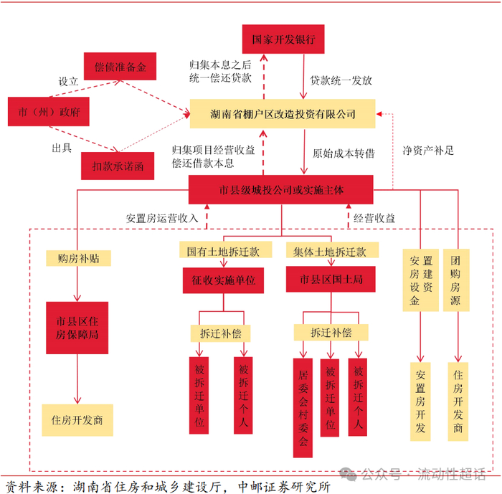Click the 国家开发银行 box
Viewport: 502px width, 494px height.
coord(283,39)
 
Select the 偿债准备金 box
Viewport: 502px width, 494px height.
coord(120,66)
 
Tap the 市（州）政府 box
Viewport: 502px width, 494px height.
coord(49,111)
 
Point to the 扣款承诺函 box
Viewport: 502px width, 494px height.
coord(118,166)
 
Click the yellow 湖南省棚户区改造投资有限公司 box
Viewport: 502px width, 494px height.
coord(283,114)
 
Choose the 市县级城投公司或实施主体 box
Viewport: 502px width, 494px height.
coord(281,189)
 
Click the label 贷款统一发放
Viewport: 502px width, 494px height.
coord(341,80)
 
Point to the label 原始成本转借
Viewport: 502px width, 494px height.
coord(344,153)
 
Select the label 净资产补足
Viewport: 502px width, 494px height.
coord(428,150)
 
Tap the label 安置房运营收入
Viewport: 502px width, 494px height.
coord(162,219)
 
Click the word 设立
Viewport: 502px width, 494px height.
coord(68,81)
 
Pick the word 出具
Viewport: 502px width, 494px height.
coord(62,148)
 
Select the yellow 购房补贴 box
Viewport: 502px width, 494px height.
coord(78,258)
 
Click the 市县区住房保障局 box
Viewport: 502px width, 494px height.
coord(77,328)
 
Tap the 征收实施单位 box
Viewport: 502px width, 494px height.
coord(223,280)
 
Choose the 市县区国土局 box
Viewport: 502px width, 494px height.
coord(331,279)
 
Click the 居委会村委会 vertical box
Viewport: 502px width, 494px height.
coord(303,407)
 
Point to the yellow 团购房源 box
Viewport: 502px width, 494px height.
coord(456,280)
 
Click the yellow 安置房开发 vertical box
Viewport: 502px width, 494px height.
coord(420,402)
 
